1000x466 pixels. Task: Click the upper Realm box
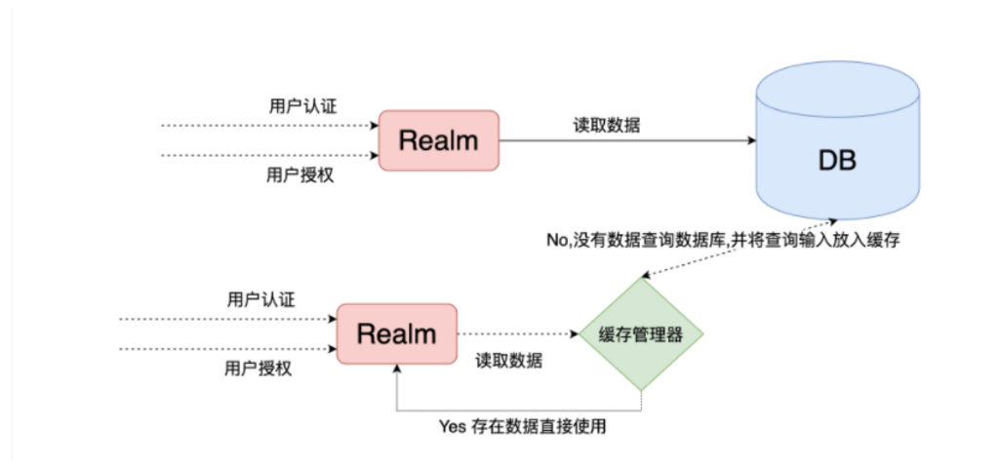point(439,140)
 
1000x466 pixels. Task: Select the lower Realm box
point(397,334)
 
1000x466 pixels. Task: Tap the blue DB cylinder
point(837,140)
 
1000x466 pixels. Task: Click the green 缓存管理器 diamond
point(641,334)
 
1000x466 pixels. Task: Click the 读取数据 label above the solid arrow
point(607,126)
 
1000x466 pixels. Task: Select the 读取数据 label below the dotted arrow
point(509,361)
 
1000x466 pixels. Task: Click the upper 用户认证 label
point(303,106)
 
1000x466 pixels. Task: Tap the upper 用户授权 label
point(300,175)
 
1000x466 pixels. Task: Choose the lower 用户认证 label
point(261,299)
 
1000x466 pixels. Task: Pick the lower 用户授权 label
point(259,369)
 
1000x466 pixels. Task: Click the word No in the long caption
point(556,241)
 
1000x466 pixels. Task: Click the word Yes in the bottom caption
point(452,426)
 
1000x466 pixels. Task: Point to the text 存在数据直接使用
point(539,426)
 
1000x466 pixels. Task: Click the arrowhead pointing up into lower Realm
point(397,369)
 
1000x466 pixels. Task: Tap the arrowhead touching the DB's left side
point(751,140)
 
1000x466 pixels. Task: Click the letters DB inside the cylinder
point(837,161)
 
